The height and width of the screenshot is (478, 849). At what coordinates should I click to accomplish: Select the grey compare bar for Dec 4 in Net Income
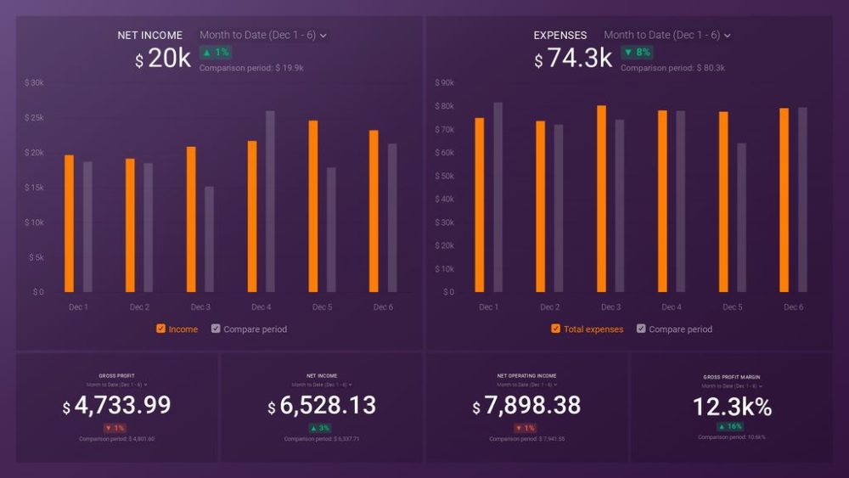(270, 201)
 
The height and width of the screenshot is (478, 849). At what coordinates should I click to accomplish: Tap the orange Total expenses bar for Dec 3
(601, 199)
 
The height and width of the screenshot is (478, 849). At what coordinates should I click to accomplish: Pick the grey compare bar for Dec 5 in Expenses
(741, 217)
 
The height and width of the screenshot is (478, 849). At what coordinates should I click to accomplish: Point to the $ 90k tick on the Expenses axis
(444, 83)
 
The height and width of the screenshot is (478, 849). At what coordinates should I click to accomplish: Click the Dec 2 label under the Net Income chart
(139, 307)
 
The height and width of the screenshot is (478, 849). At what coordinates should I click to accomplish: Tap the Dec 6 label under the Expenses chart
(793, 307)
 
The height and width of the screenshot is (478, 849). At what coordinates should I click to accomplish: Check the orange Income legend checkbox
(160, 329)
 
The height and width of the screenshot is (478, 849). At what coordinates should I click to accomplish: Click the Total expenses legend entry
(593, 329)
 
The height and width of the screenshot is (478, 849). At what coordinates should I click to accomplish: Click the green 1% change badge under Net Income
(215, 53)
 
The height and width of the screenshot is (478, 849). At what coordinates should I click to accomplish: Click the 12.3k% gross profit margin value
(732, 408)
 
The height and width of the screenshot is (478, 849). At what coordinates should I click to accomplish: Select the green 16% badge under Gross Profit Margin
(731, 426)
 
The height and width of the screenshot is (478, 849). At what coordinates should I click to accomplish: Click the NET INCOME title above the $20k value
(150, 36)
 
